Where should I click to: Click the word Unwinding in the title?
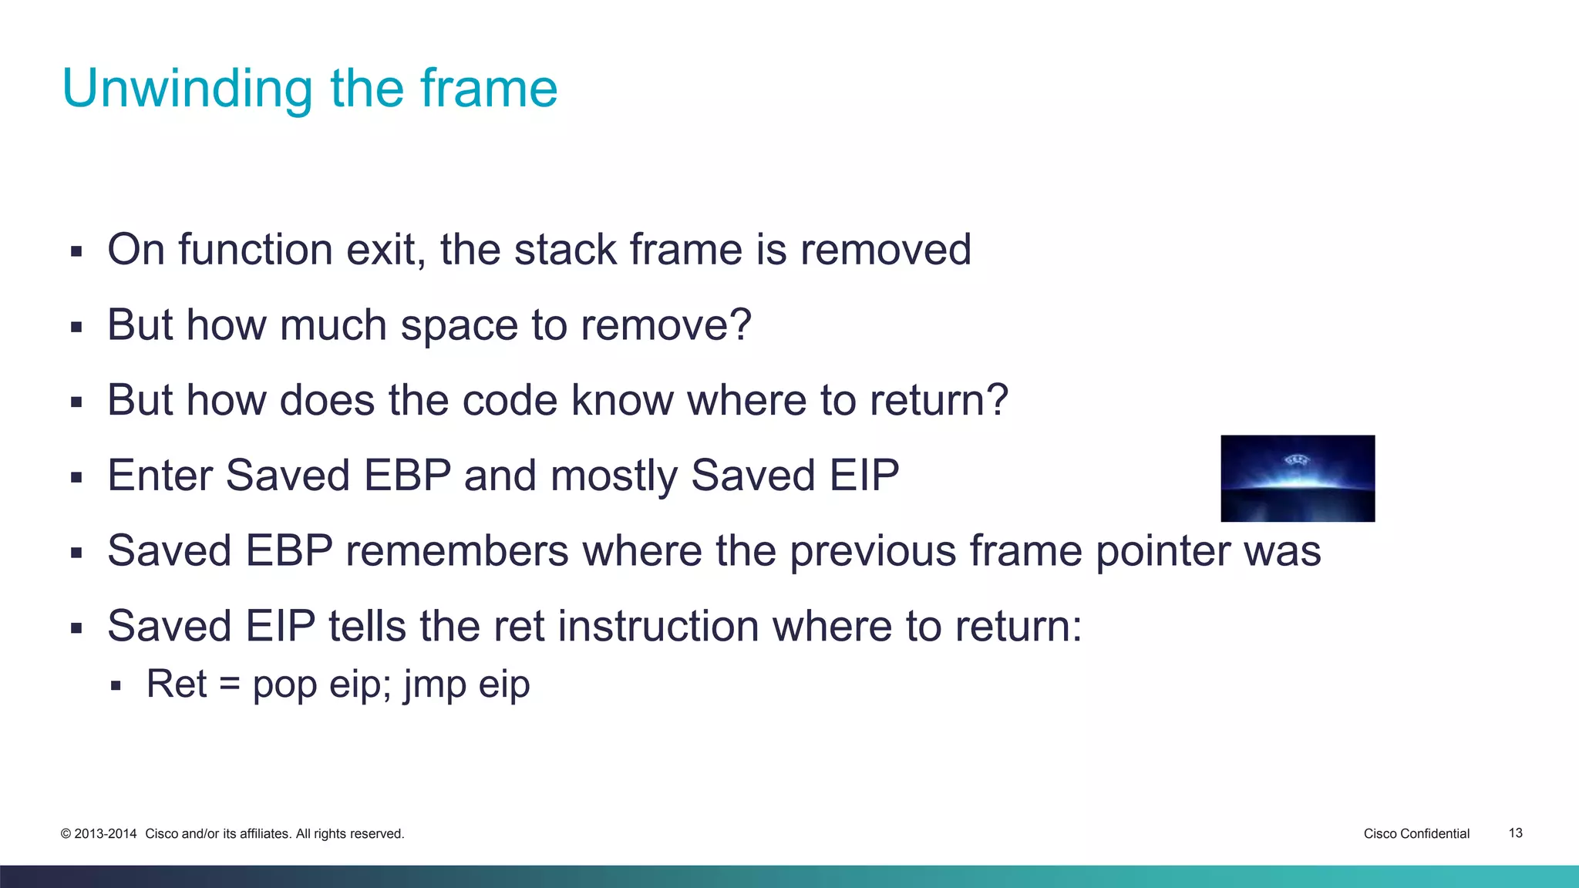click(x=187, y=89)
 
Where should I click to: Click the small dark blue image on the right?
click(x=1298, y=478)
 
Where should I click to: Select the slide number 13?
click(x=1515, y=833)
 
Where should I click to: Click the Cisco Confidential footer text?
click(x=1416, y=833)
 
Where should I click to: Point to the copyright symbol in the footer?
click(x=66, y=834)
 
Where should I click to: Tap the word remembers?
click(x=456, y=551)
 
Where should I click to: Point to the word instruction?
click(x=658, y=626)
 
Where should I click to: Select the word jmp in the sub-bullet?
click(x=435, y=684)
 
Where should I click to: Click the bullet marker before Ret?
click(x=116, y=685)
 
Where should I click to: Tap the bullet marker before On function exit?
click(x=76, y=251)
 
